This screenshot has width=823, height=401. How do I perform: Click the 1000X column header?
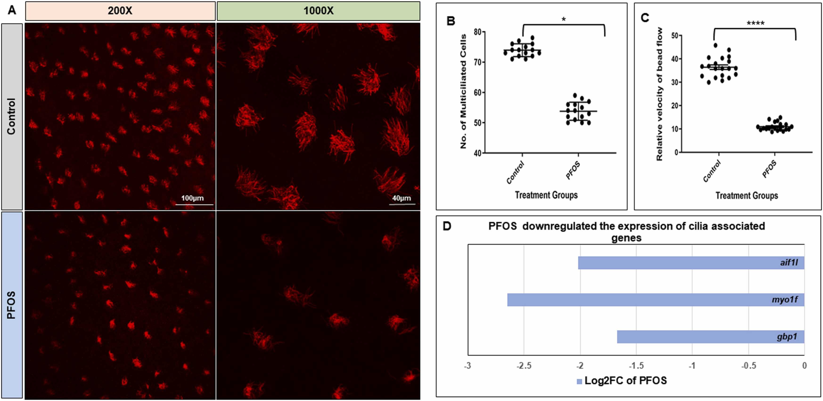point(318,11)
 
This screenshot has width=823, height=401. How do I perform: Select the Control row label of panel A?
point(12,116)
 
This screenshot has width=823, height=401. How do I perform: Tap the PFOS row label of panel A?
point(12,305)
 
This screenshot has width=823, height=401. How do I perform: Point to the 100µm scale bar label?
point(192,198)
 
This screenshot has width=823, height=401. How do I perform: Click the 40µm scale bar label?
point(401,198)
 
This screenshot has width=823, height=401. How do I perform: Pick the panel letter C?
point(645,18)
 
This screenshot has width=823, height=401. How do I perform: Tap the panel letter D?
point(447,226)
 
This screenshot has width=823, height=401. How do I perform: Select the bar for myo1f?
point(655,300)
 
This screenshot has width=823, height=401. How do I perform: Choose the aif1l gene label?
point(789,263)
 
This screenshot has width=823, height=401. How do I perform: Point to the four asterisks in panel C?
point(755,23)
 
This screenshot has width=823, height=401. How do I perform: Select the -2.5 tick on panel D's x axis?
point(524,365)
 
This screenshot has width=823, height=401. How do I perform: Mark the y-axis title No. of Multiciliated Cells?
point(463,92)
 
